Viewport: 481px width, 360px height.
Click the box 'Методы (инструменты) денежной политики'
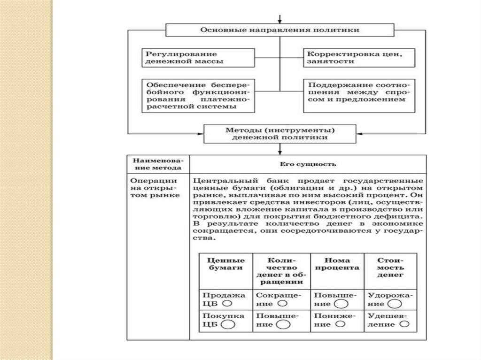280,134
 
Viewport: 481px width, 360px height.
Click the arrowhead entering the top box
280,20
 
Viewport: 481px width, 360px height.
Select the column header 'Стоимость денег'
391,267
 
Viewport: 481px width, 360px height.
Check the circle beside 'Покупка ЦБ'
227,324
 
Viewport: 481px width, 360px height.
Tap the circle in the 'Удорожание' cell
395,304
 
